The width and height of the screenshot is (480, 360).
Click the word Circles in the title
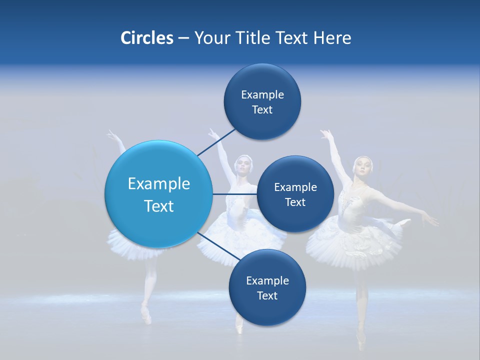click(146, 38)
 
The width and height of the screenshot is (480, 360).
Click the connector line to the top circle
click(217, 142)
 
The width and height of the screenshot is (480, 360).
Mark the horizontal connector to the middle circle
click(235, 194)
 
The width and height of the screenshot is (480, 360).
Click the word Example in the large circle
click(158, 184)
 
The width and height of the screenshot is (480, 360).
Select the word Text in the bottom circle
click(267, 296)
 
